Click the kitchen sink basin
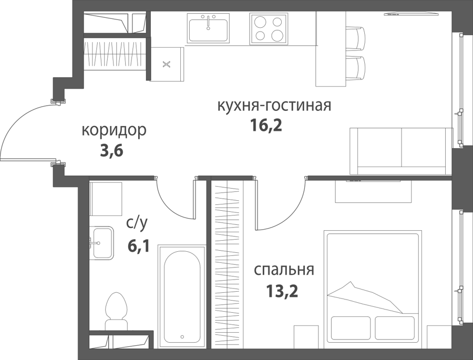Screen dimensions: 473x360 pyautogui.click(x=208, y=27)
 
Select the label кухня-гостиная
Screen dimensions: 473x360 pyautogui.click(x=274, y=106)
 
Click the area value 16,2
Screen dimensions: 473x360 pyautogui.click(x=266, y=126)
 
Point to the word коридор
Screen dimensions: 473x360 pyautogui.click(x=114, y=131)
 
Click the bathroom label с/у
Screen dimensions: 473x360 pyautogui.click(x=137, y=223)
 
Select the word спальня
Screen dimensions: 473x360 pyautogui.click(x=284, y=270)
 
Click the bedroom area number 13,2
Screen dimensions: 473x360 pyautogui.click(x=282, y=291)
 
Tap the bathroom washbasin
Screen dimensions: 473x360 pyautogui.click(x=101, y=243)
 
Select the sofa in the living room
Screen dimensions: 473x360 pyautogui.click(x=401, y=151)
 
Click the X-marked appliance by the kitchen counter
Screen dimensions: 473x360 pyautogui.click(x=167, y=64)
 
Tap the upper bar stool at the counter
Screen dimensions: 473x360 pyautogui.click(x=355, y=38)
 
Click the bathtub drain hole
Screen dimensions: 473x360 pyautogui.click(x=182, y=337)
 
